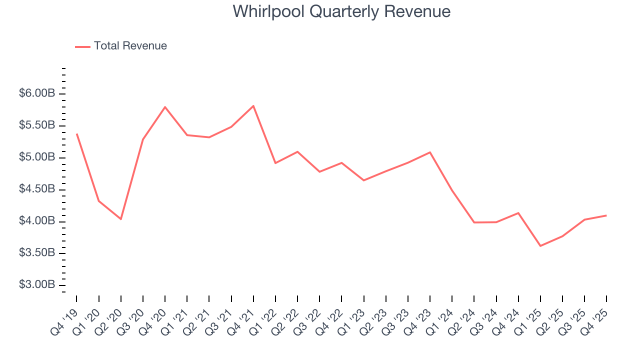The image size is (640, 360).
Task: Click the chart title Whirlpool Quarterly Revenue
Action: click(341, 11)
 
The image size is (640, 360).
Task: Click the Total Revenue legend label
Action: click(130, 46)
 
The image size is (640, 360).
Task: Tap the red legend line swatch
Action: click(82, 46)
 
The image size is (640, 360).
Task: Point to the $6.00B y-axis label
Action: click(37, 93)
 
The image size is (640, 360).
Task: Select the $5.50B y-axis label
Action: click(37, 125)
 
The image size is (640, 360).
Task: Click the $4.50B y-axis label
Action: click(37, 189)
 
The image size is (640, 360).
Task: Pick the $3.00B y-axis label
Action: click(37, 285)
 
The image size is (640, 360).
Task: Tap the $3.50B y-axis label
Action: click(37, 253)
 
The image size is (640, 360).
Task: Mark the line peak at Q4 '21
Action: click(253, 106)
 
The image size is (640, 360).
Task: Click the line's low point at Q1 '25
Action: click(540, 246)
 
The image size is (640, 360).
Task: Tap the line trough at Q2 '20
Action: click(121, 219)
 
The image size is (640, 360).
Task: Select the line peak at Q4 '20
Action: click(165, 107)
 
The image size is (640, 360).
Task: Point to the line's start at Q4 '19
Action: click(76, 134)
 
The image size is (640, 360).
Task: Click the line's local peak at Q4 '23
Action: click(430, 152)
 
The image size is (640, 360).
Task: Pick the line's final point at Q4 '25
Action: click(606, 215)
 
